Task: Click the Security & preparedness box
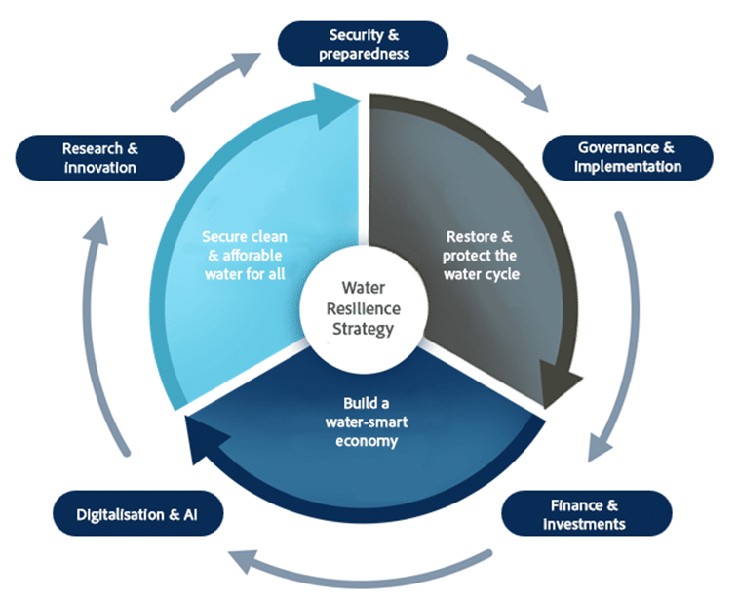pyautogui.click(x=364, y=44)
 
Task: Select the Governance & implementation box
pyautogui.click(x=627, y=157)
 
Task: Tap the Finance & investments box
pyautogui.click(x=586, y=514)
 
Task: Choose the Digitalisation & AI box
pyautogui.click(x=136, y=513)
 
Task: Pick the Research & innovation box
pyautogui.click(x=100, y=157)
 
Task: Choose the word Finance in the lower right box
pyautogui.click(x=569, y=505)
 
